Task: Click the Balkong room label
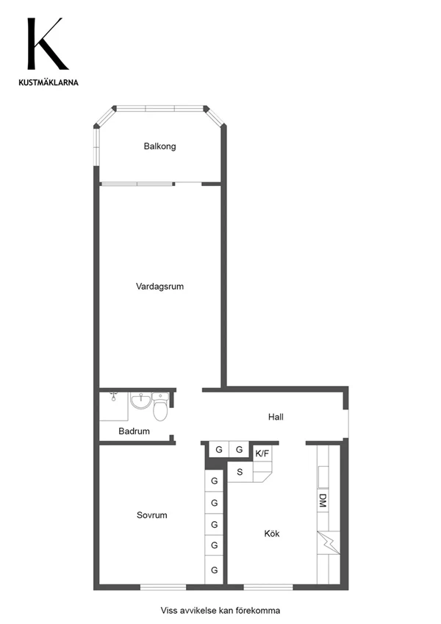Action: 159,146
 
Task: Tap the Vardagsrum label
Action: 159,287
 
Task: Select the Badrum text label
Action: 134,431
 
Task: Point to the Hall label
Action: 276,417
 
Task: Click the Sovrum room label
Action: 151,515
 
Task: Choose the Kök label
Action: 272,534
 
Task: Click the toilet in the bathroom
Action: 160,406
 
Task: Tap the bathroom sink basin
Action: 140,401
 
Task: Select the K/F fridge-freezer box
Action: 262,453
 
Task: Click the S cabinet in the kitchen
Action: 240,472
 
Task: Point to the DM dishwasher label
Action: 323,501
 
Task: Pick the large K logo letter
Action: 46,44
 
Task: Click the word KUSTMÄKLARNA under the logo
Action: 49,83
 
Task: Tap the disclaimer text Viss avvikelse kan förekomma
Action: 220,610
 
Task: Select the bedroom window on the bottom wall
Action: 163,587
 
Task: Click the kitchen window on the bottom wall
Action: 268,587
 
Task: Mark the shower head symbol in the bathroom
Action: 114,395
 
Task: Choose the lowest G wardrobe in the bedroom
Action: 214,570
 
